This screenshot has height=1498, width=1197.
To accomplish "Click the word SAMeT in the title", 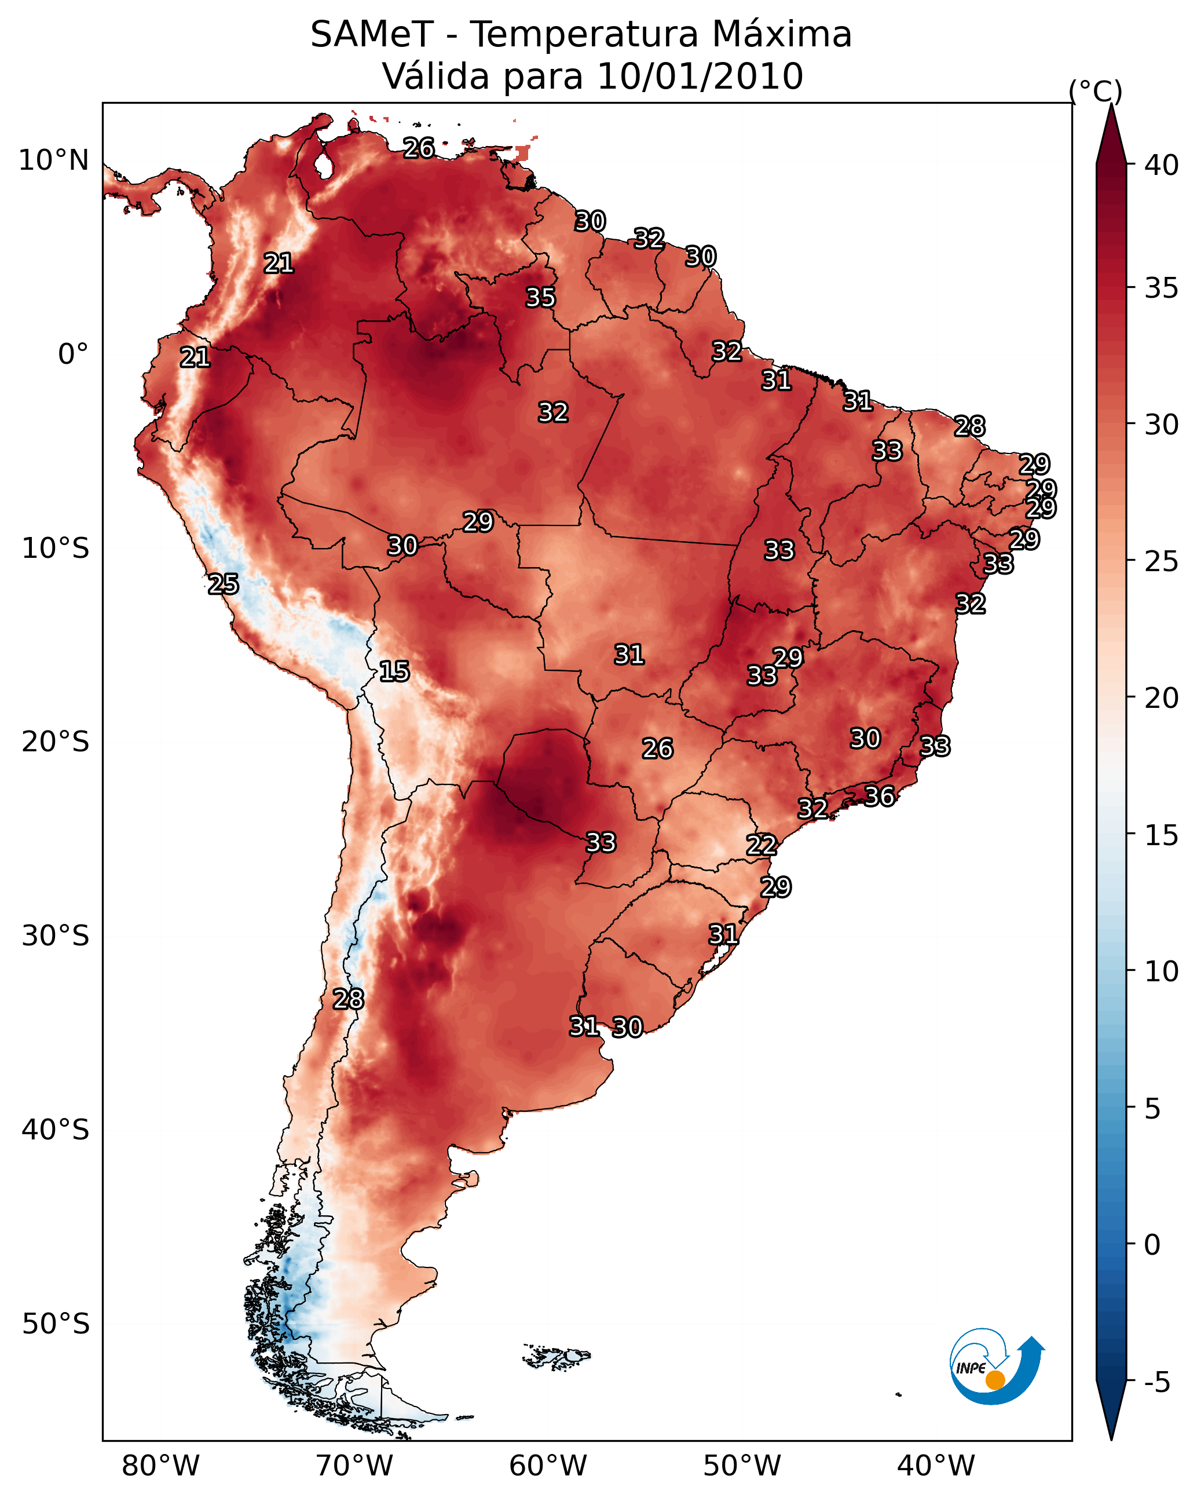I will [372, 35].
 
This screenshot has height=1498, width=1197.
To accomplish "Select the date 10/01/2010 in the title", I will [700, 76].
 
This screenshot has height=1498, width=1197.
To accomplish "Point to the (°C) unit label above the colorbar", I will [1095, 91].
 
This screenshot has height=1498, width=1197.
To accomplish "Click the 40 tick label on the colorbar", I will [1161, 165].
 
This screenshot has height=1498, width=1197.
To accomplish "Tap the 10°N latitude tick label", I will [53, 160].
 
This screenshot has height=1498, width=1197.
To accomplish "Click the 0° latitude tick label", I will [73, 355].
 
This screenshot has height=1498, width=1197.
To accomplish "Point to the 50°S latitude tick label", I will [56, 1324].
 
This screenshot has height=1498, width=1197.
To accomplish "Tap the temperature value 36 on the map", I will [879, 797].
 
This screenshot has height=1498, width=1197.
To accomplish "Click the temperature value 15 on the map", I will [394, 671].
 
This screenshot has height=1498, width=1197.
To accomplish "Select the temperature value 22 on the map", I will [761, 845].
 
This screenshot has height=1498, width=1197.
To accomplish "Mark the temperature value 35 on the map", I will [540, 297].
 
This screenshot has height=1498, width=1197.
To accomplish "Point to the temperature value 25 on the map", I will [223, 584].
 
